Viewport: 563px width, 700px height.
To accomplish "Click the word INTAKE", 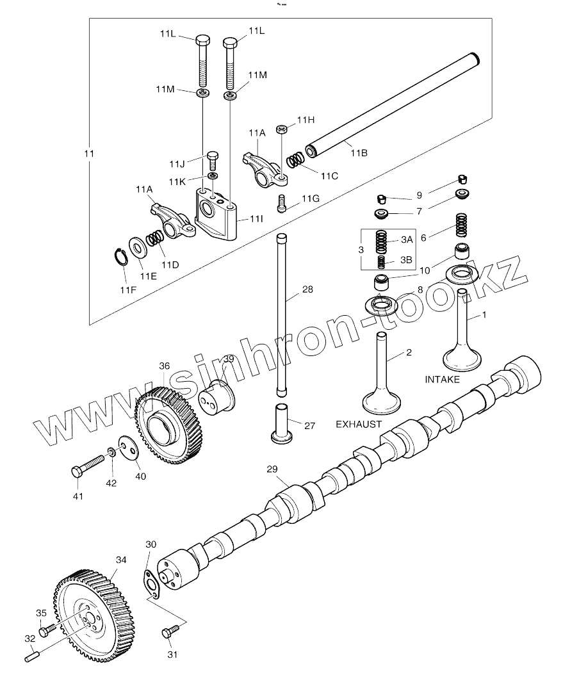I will [x=442, y=380].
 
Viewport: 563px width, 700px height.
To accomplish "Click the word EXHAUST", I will [x=359, y=424].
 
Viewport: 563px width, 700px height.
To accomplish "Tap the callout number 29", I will [x=273, y=470].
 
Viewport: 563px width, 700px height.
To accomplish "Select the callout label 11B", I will [x=359, y=153].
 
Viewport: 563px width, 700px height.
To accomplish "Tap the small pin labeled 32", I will [x=33, y=656].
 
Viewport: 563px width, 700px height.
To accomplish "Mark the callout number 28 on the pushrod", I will [x=308, y=289].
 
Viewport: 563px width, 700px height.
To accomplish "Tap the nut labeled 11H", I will [x=282, y=130].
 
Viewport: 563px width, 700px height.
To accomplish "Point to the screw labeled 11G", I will [x=282, y=203].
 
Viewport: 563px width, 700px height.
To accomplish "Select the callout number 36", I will [x=165, y=366].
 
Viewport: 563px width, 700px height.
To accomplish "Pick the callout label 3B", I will [x=407, y=259].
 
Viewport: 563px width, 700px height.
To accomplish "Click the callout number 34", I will [x=122, y=559].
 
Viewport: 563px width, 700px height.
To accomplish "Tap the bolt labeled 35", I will [x=45, y=631].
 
